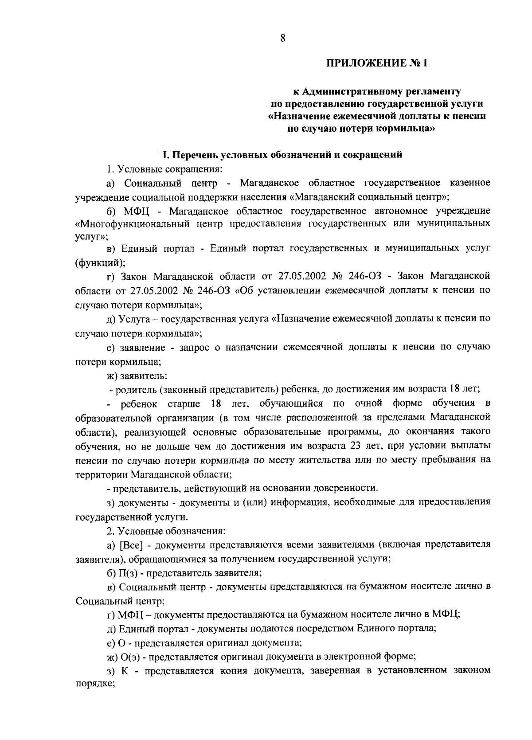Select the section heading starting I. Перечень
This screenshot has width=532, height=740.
click(x=282, y=155)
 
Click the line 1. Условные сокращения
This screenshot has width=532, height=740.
click(x=164, y=169)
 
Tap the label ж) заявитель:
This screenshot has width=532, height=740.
click(x=137, y=376)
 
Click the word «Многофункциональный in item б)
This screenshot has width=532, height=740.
click(x=133, y=223)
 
